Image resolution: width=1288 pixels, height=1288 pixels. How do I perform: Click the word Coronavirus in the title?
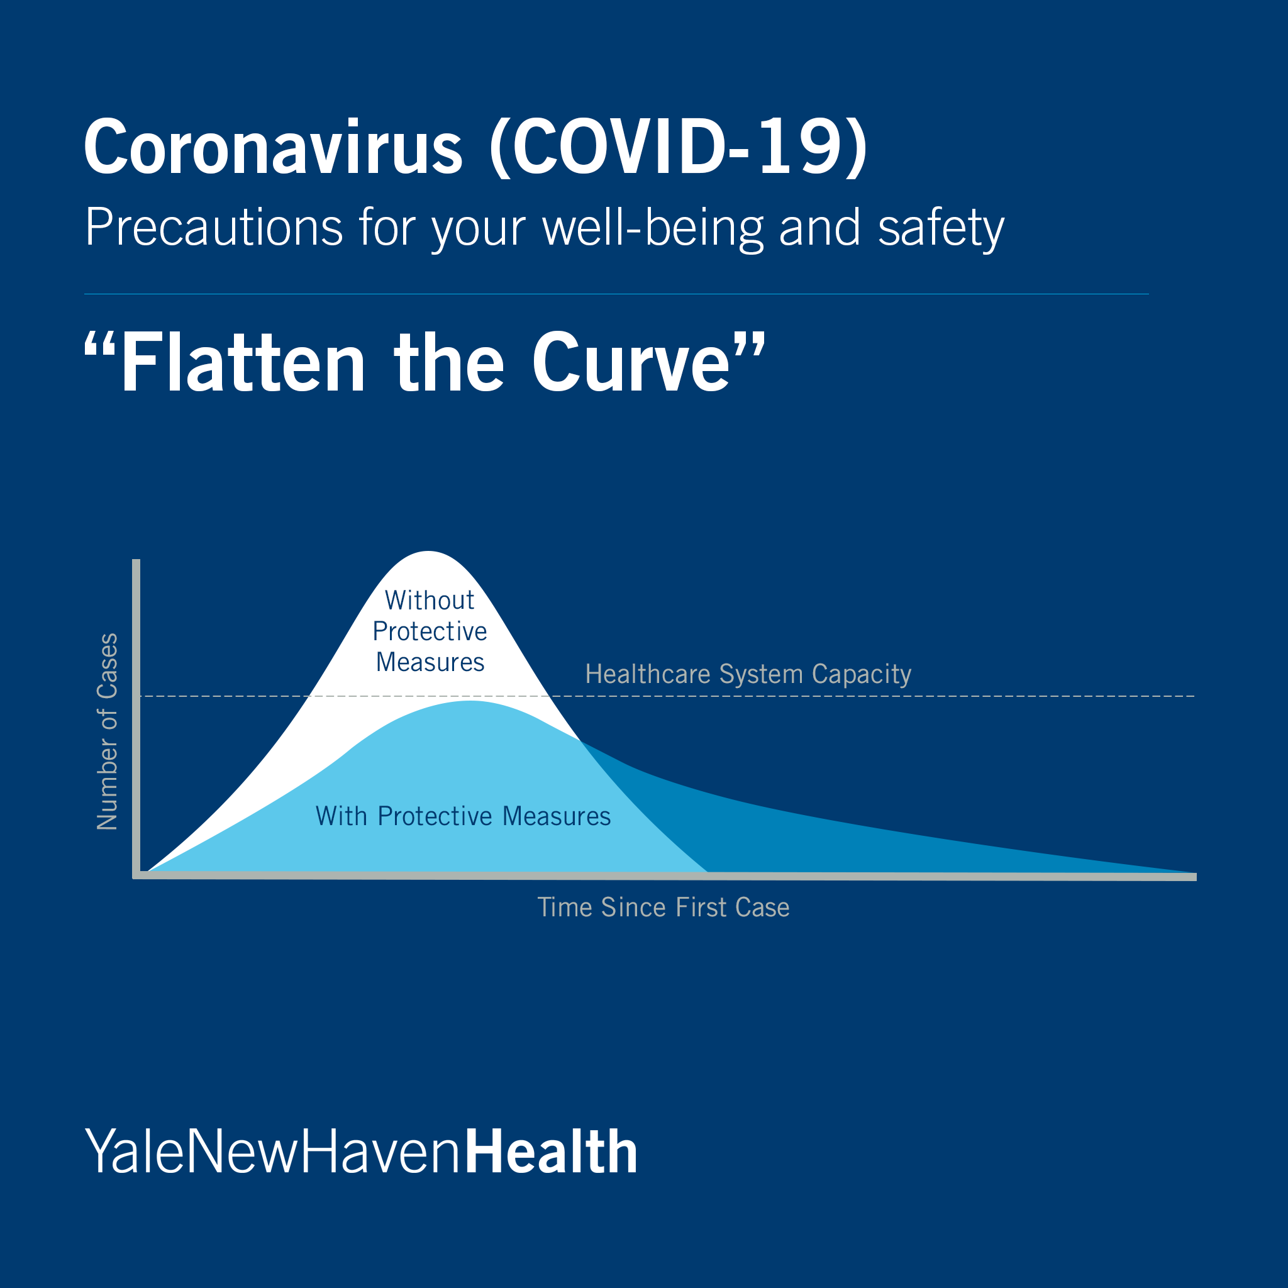tap(274, 147)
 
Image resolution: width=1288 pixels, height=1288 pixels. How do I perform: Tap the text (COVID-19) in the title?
tap(679, 147)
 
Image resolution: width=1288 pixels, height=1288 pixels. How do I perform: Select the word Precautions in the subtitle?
tap(214, 227)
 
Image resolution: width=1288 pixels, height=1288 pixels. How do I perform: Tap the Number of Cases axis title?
tap(108, 731)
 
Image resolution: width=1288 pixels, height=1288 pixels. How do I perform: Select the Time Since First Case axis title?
tap(663, 908)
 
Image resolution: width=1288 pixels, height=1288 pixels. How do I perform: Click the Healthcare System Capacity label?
tap(748, 675)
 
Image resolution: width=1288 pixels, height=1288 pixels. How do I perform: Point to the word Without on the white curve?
tap(430, 600)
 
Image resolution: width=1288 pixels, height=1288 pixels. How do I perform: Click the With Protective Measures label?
tap(463, 816)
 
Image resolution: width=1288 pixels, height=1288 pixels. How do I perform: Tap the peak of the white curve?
tap(429, 552)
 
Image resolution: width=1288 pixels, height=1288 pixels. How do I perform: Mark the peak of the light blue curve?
tap(470, 701)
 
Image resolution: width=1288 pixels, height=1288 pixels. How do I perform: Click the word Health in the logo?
tap(551, 1152)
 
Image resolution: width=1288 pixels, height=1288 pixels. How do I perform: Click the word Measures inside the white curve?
tap(430, 662)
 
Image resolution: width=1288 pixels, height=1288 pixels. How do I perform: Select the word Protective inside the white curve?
tap(430, 631)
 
